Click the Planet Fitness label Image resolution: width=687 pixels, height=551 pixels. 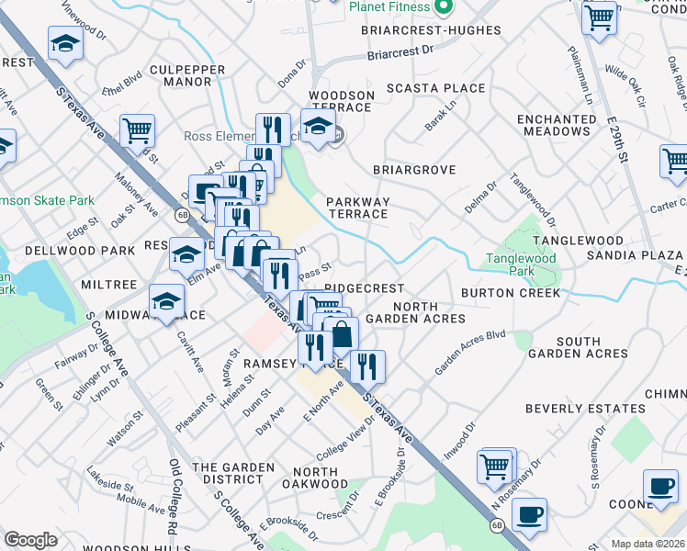tap(389, 6)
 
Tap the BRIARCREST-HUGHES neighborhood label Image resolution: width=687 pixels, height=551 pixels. tap(432, 30)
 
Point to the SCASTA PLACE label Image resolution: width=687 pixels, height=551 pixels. tap(436, 88)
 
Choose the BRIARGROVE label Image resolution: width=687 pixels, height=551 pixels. tap(414, 170)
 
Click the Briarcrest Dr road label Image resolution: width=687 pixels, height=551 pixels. tap(400, 52)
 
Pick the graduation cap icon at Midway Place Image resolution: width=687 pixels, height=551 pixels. tap(166, 302)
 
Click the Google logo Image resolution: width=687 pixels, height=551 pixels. tap(30, 540)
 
